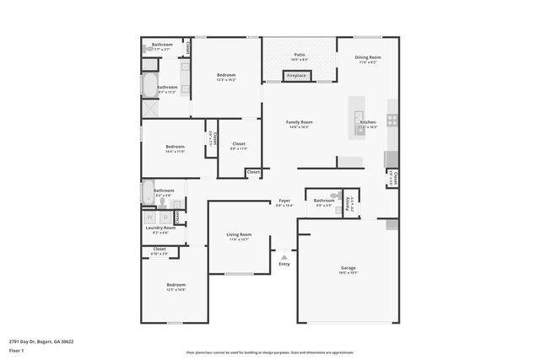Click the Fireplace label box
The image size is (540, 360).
click(x=296, y=76)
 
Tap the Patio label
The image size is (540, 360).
click(x=300, y=56)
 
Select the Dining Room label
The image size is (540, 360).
click(x=368, y=57)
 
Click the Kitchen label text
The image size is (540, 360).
click(x=368, y=122)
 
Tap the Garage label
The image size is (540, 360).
click(x=348, y=268)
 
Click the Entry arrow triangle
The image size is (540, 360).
click(x=284, y=257)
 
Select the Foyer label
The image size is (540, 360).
click(x=284, y=201)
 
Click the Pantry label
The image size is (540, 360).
click(x=348, y=201)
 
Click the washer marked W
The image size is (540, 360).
click(x=151, y=217)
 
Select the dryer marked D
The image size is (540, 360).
click(x=165, y=217)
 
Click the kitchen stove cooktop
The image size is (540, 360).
click(x=392, y=120)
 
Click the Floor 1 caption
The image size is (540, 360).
click(x=16, y=350)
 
